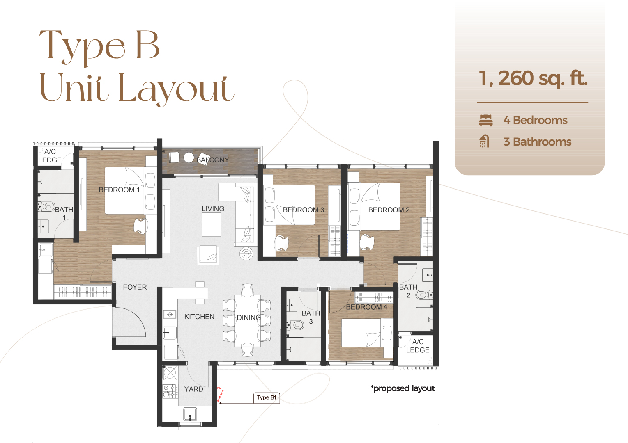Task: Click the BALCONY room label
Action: click(213, 160)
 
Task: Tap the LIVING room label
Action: click(213, 209)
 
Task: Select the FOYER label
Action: click(135, 287)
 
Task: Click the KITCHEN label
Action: click(199, 317)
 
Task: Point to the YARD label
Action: click(193, 389)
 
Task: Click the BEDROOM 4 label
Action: click(366, 307)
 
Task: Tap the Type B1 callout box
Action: click(267, 397)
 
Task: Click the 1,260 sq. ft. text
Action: click(533, 78)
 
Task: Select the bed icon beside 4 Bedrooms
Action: click(485, 120)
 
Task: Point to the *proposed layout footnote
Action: click(403, 388)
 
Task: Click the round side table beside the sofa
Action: click(246, 254)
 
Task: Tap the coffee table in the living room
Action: click(212, 225)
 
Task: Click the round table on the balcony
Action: click(189, 158)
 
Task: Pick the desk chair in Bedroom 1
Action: click(140, 226)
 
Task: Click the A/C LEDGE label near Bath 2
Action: click(418, 346)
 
